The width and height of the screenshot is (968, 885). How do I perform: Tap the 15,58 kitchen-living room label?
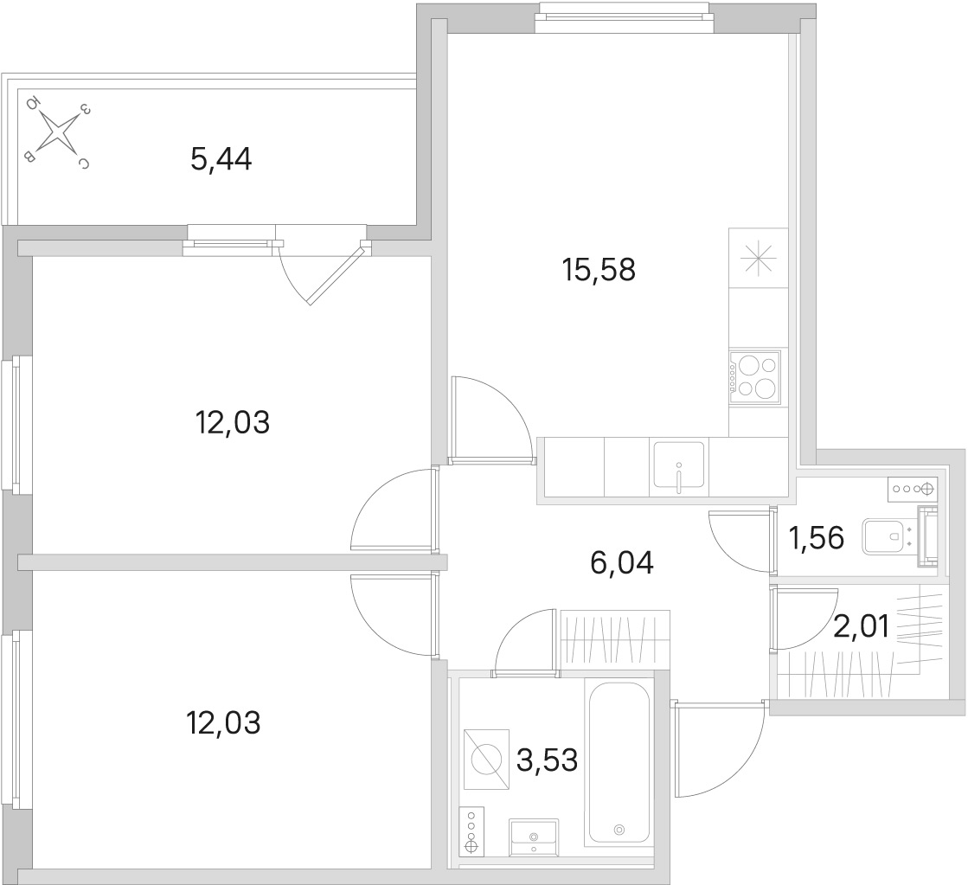click(599, 270)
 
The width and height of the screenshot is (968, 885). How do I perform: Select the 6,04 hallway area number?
click(622, 563)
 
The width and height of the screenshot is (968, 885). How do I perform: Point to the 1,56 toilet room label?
click(816, 537)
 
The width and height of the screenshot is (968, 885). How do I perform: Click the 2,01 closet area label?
click(862, 627)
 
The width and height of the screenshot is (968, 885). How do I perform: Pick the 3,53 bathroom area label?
click(547, 760)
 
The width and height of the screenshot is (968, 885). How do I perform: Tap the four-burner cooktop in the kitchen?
click(754, 377)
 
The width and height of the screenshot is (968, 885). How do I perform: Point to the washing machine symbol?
click(486, 759)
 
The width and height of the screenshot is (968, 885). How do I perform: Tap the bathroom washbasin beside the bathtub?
click(534, 837)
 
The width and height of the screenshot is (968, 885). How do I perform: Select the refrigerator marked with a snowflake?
click(758, 258)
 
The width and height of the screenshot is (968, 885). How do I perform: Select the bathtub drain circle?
click(619, 830)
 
